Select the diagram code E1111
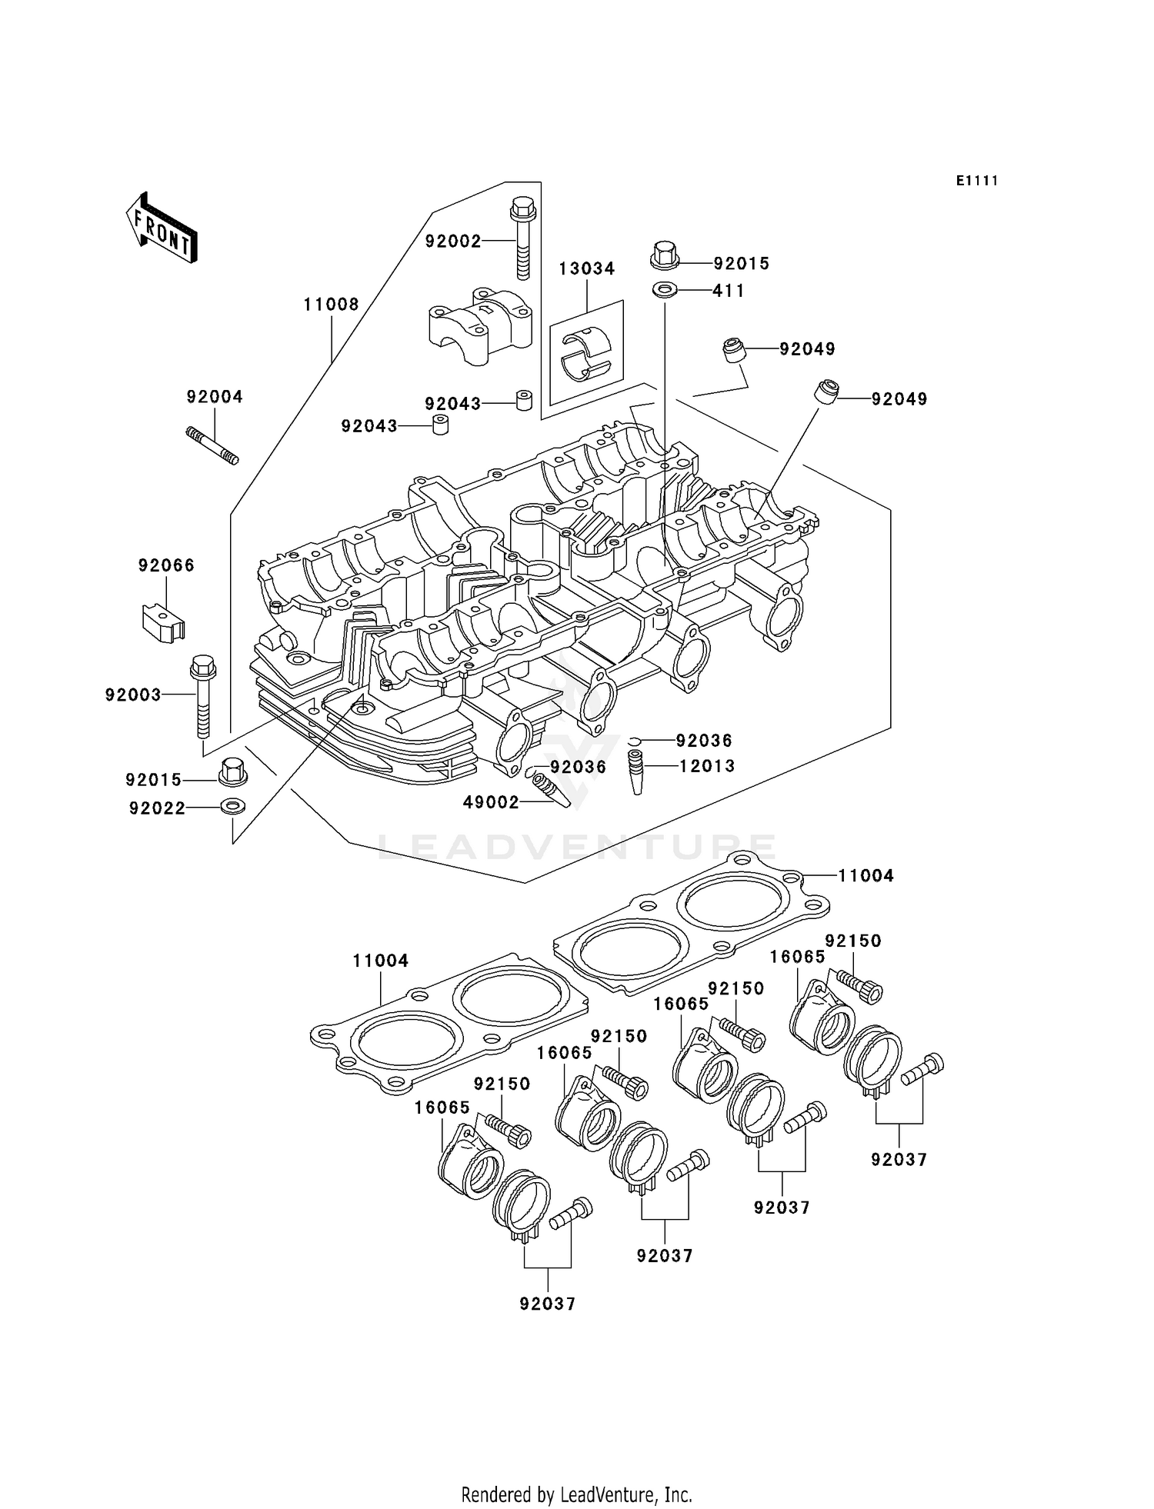[976, 181]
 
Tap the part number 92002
[453, 242]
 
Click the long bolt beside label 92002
[522, 238]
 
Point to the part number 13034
[586, 269]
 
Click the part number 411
[729, 291]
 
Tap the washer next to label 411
[665, 291]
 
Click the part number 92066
[166, 565]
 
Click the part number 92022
[157, 808]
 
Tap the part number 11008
[331, 305]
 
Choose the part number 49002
[491, 803]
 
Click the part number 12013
[706, 766]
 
